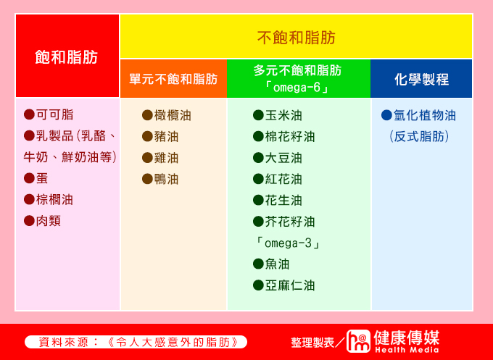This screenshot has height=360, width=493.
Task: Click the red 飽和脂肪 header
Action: click(x=67, y=56)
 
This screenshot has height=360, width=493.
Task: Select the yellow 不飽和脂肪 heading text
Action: click(x=297, y=38)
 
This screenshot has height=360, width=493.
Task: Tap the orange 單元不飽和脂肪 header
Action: click(x=173, y=78)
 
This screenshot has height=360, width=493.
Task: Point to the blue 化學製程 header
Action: click(x=421, y=78)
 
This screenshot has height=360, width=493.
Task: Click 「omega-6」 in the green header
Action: click(x=297, y=88)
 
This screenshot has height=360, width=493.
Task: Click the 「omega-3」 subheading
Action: click(x=287, y=243)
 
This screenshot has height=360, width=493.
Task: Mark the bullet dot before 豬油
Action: click(x=147, y=136)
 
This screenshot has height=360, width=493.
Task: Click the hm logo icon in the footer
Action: click(x=358, y=341)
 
